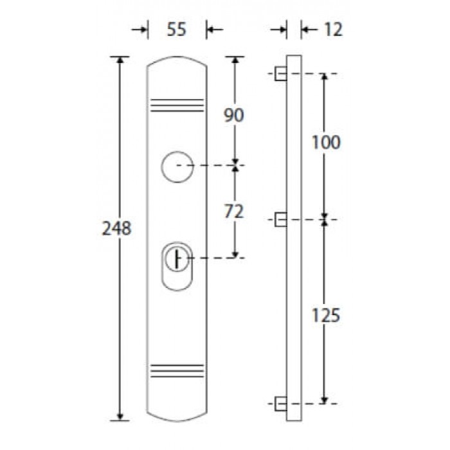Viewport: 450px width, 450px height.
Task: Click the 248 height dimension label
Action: [116, 228]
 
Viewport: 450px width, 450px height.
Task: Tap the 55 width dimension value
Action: [177, 30]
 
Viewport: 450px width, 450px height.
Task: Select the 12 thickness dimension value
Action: [333, 30]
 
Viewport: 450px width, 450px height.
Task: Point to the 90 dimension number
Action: [234, 115]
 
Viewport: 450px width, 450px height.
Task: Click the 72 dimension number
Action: [234, 212]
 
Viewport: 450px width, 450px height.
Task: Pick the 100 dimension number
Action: [326, 142]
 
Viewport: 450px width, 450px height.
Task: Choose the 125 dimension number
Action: [326, 315]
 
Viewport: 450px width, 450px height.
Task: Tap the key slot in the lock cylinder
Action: [177, 259]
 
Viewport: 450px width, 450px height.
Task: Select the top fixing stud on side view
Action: [281, 73]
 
